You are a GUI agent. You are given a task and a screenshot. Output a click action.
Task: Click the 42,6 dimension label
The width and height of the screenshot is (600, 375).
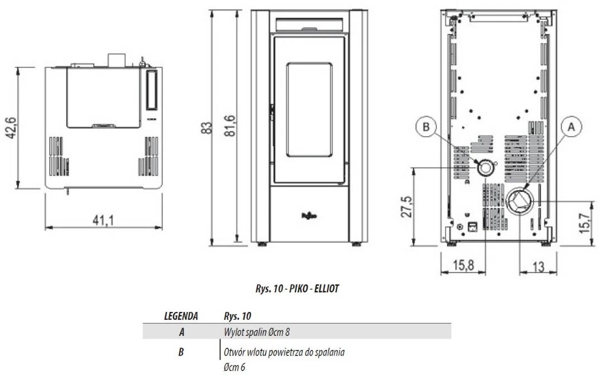pos(10,128)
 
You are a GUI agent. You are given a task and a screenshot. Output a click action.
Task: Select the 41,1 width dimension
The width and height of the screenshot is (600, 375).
pos(103,220)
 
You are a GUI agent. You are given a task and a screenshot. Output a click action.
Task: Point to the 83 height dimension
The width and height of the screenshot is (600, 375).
pos(206,128)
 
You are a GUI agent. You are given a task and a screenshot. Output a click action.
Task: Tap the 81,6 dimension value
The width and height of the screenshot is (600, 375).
pos(229,126)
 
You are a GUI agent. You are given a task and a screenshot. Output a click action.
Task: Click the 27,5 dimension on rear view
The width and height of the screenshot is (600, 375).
pos(406,206)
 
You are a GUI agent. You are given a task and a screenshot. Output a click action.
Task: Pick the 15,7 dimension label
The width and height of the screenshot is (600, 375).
pos(585,223)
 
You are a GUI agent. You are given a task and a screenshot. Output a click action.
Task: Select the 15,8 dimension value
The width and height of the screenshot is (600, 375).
pos(463,265)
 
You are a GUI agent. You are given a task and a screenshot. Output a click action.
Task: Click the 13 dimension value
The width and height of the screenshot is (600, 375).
pos(538,266)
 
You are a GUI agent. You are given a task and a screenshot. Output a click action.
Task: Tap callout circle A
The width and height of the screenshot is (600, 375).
pos(572,127)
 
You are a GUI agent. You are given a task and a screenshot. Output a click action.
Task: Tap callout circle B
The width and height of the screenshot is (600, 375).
pos(426,127)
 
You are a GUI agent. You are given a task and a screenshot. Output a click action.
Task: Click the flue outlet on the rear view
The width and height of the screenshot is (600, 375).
pos(520,201)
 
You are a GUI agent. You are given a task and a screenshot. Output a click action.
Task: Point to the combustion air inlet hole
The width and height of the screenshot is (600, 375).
pos(485,168)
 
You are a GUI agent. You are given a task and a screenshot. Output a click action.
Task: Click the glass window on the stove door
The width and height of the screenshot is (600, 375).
pos(309,110)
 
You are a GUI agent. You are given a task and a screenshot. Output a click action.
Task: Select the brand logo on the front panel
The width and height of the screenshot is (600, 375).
pos(309,216)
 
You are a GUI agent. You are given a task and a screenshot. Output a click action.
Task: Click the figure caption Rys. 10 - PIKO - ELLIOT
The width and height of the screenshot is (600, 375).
pos(297,289)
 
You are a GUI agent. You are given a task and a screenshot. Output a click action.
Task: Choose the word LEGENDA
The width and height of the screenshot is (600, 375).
pos(181,316)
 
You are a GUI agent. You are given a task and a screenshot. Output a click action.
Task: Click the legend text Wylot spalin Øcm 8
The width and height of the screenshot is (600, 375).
pos(257,332)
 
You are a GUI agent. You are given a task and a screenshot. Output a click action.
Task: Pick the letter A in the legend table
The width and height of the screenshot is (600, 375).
pos(182,332)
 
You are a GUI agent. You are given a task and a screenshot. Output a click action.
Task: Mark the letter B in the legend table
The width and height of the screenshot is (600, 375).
pos(181,352)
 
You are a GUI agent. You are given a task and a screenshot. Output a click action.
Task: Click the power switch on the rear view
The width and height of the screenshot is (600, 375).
pos(473,227)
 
